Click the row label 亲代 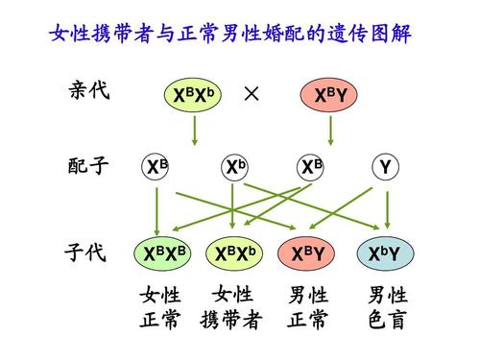click(89, 92)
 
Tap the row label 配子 click(89, 166)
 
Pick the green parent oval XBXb click(194, 95)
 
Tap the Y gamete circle click(386, 167)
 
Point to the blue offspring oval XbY click(386, 253)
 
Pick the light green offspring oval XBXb click(235, 253)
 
